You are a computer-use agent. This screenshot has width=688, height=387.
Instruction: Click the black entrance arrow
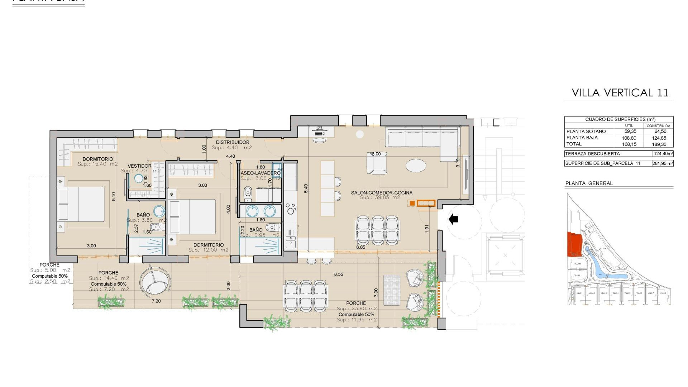(454, 219)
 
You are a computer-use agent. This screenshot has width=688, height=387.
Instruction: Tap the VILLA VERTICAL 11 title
(620, 93)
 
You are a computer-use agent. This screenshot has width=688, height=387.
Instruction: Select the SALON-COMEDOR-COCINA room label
(382, 192)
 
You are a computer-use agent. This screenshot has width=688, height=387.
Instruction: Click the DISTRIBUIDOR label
(232, 142)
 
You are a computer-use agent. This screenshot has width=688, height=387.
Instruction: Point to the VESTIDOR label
(139, 166)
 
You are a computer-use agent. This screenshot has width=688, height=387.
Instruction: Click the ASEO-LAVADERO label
(260, 173)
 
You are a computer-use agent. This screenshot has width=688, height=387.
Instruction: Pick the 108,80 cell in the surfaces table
(630, 138)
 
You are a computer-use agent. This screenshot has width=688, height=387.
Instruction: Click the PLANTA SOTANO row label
(586, 132)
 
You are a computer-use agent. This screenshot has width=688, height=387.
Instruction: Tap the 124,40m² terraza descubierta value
(663, 154)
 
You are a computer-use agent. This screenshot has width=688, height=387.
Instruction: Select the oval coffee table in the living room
(416, 166)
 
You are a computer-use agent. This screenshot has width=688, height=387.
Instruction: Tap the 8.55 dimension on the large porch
(338, 274)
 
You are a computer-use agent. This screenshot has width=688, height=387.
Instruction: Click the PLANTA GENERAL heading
(589, 183)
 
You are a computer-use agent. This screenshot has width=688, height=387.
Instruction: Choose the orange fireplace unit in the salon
(426, 203)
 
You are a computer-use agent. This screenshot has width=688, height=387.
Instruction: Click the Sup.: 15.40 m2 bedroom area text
(97, 164)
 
